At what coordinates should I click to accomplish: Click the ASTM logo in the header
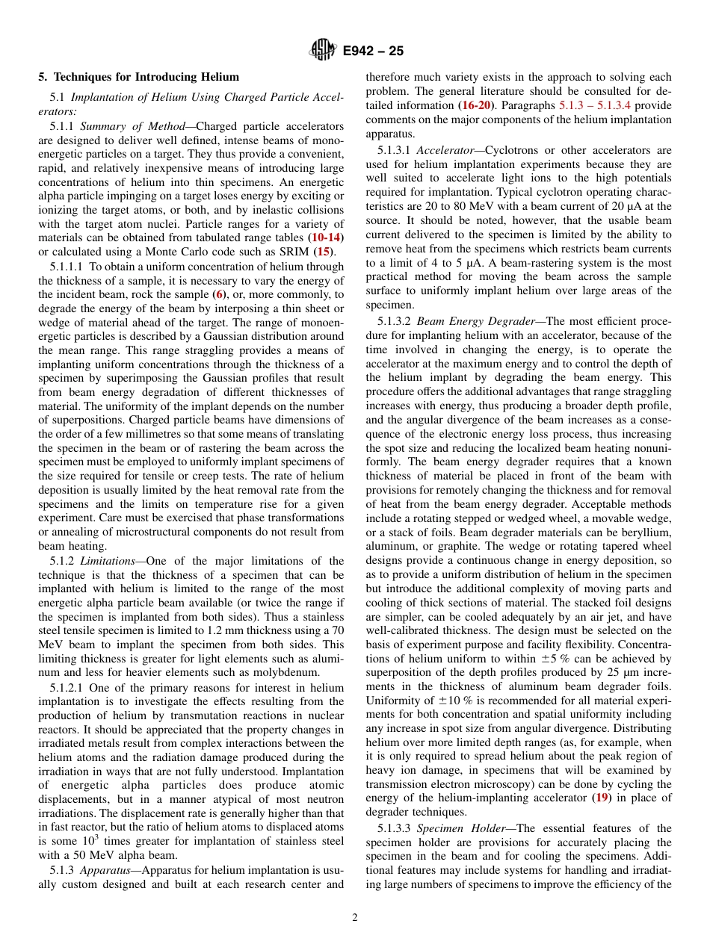pos(323,51)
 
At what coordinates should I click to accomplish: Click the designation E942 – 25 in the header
pos(373,52)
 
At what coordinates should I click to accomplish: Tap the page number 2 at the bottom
pos(355,918)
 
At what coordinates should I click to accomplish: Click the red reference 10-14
pos(327,237)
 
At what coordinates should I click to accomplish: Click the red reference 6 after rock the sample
pos(220,294)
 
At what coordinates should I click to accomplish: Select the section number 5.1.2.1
pos(67,687)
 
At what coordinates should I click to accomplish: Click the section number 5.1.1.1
pos(67,267)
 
